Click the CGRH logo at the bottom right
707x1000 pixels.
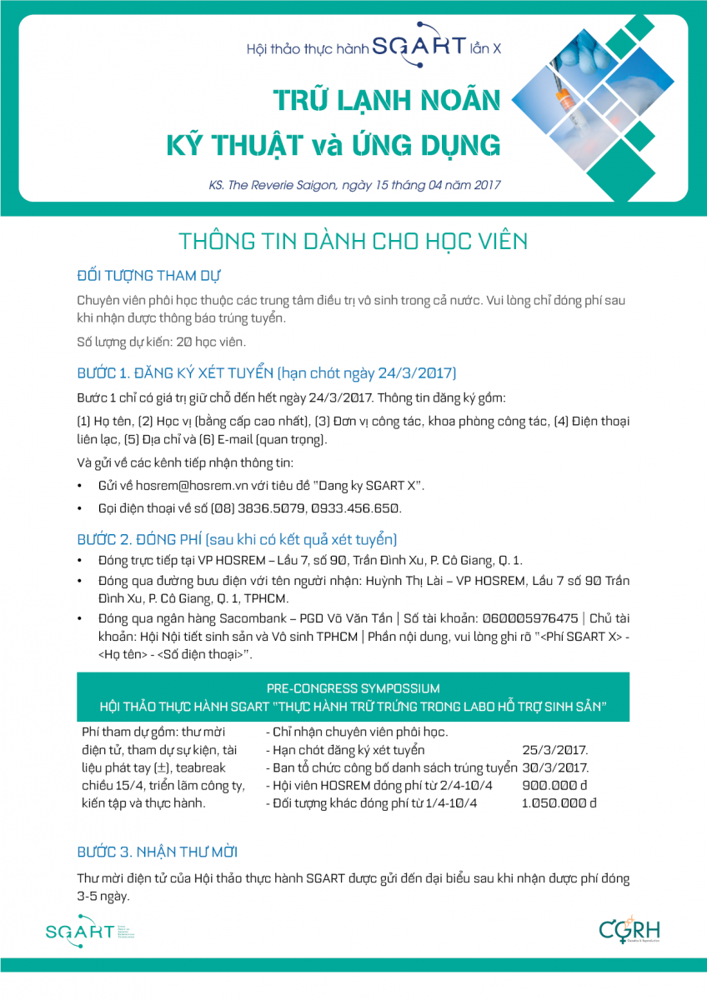[629, 931]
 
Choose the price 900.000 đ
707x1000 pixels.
[554, 786]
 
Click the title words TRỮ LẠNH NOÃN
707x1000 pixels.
[388, 102]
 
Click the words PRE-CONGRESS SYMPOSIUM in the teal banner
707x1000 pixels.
[353, 688]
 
